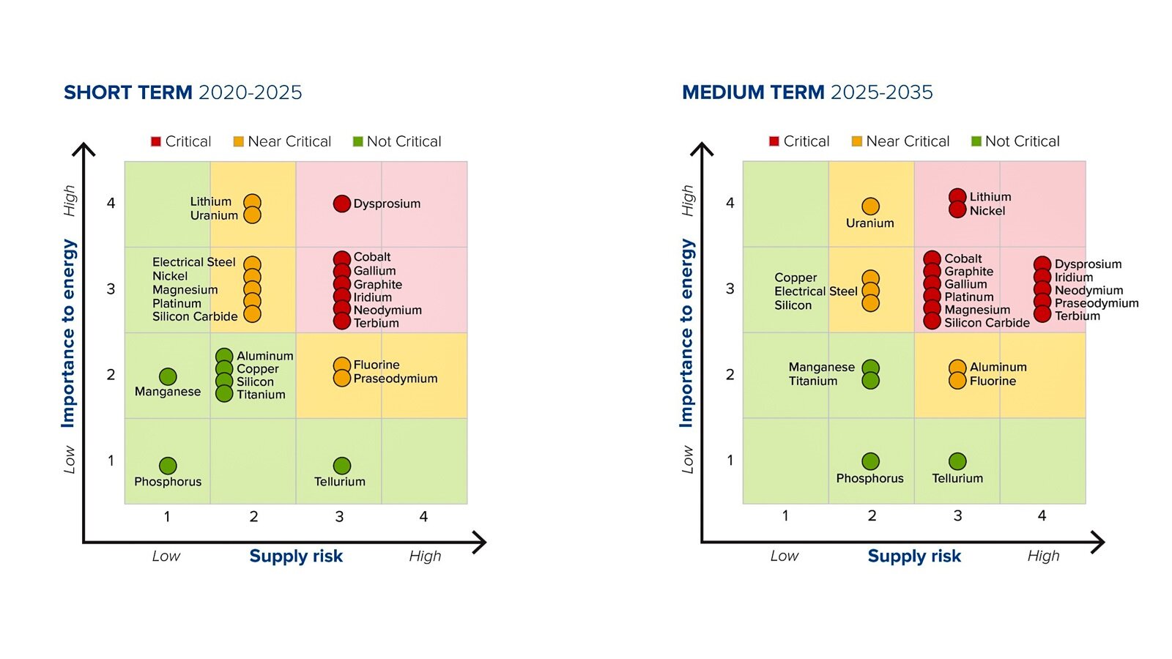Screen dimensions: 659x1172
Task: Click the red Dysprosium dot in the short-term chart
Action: [x=341, y=204]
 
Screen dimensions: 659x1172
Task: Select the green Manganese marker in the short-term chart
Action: [x=168, y=376]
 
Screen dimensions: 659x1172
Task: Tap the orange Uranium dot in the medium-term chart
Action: [x=870, y=206]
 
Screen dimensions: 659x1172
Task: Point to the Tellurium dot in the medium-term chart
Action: [x=957, y=461]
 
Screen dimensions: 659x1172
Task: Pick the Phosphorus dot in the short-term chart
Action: [x=168, y=466]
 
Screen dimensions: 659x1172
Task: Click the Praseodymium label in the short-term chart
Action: [x=395, y=379]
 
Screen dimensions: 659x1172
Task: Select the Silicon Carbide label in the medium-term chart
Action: [x=987, y=323]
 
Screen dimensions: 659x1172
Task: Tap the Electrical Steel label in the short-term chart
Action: [x=193, y=262]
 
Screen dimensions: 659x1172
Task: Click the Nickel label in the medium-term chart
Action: [x=987, y=211]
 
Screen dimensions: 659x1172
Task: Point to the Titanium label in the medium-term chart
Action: [x=812, y=381]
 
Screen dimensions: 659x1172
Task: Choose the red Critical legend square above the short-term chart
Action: [x=156, y=141]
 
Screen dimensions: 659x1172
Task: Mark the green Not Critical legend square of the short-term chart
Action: [x=357, y=141]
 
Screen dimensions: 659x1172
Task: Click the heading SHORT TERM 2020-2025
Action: [x=182, y=92]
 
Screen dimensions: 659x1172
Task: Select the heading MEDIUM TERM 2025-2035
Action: [x=807, y=92]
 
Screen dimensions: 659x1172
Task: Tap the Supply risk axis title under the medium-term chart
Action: [x=914, y=556]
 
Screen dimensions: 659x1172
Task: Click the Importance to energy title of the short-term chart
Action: [x=68, y=333]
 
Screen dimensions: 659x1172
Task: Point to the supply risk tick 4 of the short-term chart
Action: [x=423, y=517]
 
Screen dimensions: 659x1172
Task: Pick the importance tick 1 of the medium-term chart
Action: [x=730, y=461]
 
